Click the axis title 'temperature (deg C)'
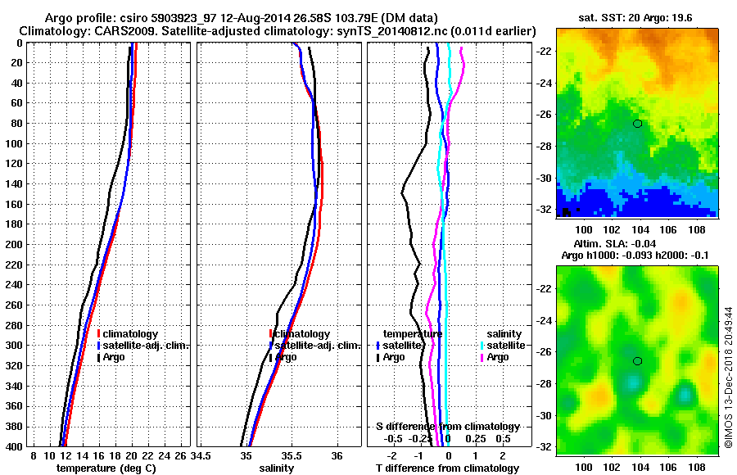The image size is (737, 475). tap(104, 468)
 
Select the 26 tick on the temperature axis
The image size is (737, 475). tap(181, 455)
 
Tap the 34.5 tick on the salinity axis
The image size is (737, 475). tap(203, 455)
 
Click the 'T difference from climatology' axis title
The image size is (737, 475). tap(447, 468)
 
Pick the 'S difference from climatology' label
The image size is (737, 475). tap(447, 427)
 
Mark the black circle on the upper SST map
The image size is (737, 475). tap(637, 124)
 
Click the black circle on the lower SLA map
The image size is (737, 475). tap(637, 360)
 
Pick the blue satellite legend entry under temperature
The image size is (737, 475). tap(400, 346)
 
